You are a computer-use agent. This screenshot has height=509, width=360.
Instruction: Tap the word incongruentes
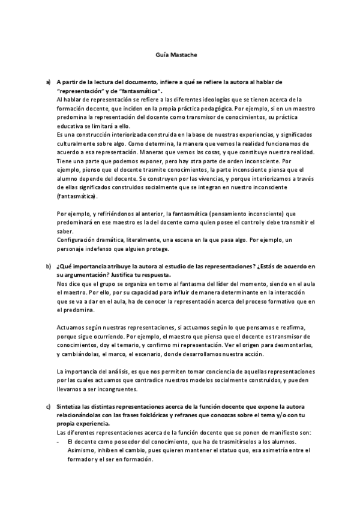[x=118, y=389]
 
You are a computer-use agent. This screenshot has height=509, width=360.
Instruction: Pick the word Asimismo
[x=81, y=451]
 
